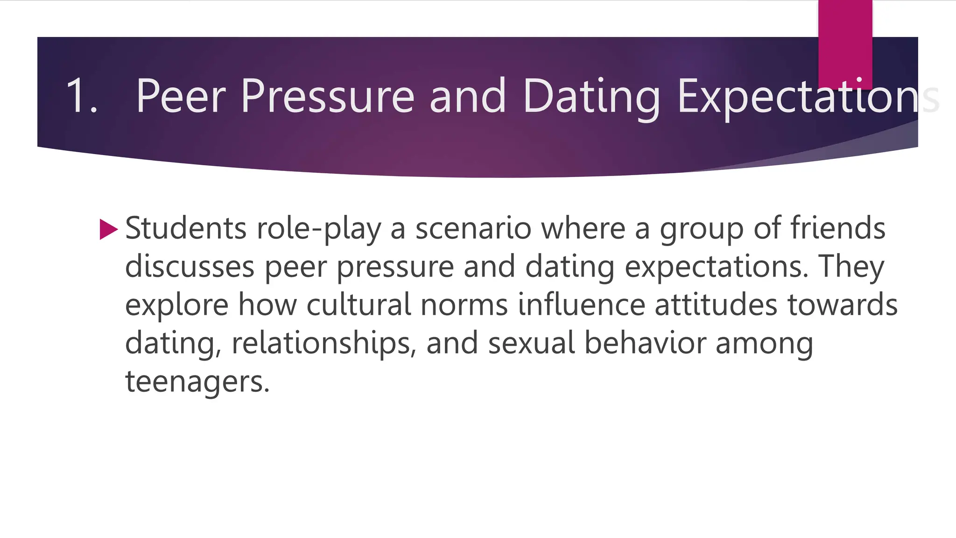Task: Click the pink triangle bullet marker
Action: [108, 229]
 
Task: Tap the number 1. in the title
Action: [82, 96]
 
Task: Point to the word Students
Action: [186, 228]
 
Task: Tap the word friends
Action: [837, 228]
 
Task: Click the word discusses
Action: [190, 267]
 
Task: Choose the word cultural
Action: [359, 305]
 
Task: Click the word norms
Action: [464, 305]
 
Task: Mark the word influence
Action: [581, 305]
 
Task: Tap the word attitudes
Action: [716, 305]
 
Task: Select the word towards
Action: [843, 305]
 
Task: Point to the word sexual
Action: [531, 343]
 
